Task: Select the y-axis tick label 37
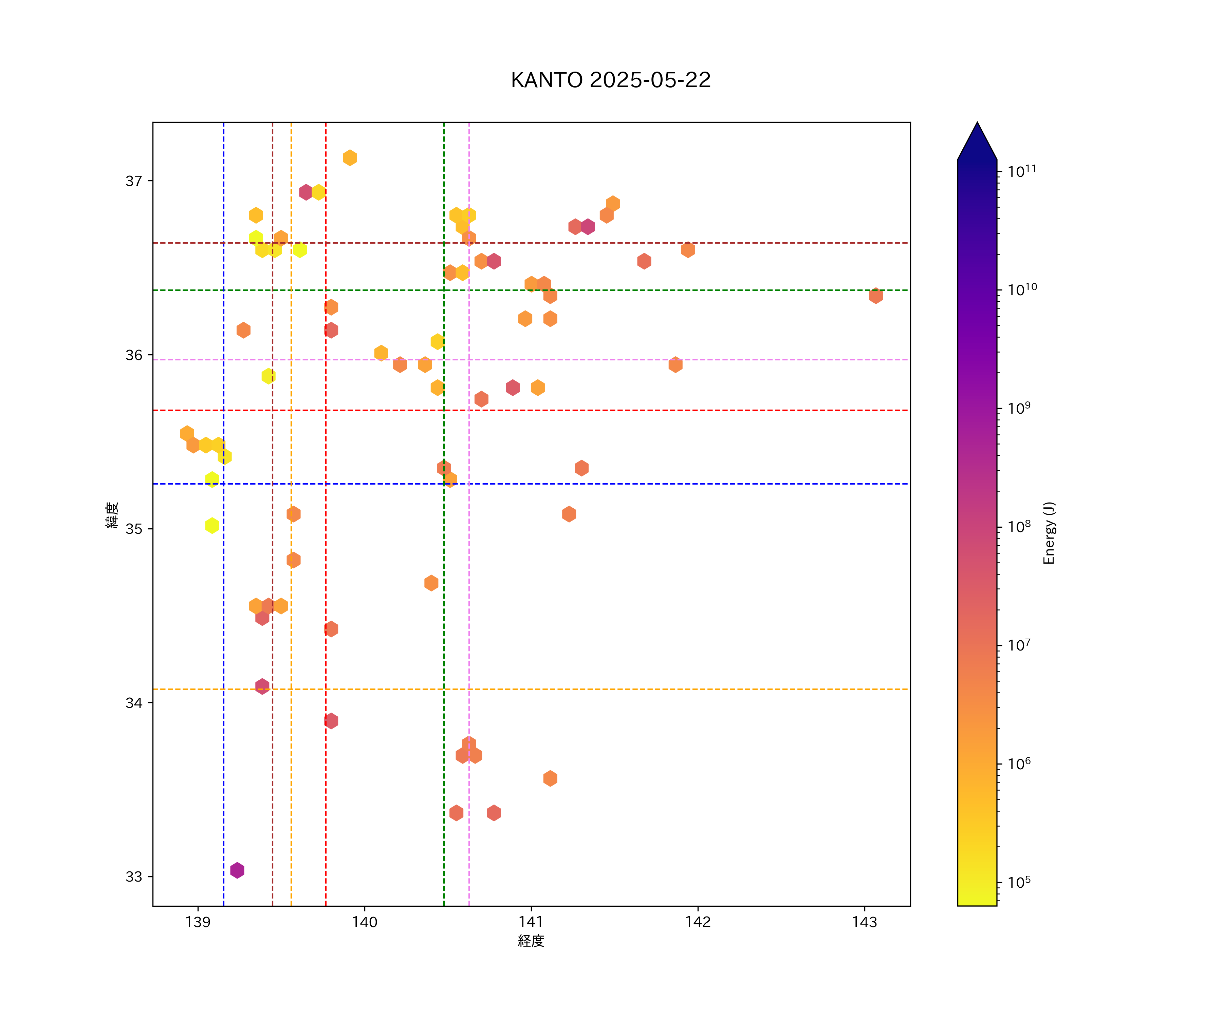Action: click(134, 181)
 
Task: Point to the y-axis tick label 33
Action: click(134, 876)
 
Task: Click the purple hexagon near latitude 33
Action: click(237, 870)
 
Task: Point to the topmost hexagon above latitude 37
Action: click(350, 158)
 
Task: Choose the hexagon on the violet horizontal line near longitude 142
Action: click(675, 365)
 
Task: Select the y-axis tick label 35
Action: click(134, 529)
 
